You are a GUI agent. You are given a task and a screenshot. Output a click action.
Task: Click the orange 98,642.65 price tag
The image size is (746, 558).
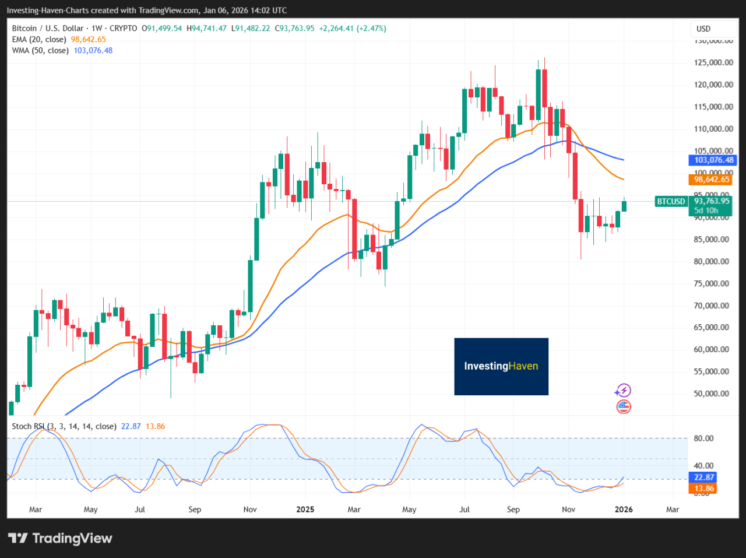(712, 180)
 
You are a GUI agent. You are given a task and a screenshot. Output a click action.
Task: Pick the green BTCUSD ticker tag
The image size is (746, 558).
(671, 202)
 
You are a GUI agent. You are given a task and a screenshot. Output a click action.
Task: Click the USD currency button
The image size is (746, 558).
(703, 29)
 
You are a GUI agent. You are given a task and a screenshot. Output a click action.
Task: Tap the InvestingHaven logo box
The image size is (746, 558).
(501, 366)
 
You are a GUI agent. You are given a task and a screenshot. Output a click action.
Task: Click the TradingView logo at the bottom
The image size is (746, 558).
(60, 538)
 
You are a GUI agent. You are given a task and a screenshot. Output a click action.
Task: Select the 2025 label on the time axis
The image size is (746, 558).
(305, 509)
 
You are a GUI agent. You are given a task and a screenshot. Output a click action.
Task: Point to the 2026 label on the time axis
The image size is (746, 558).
(624, 509)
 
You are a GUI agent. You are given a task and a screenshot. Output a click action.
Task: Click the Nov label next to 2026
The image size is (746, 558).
(568, 509)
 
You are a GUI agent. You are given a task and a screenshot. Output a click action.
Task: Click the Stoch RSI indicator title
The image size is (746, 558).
(64, 426)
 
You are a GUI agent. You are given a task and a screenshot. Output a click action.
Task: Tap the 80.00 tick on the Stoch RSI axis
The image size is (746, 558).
(704, 438)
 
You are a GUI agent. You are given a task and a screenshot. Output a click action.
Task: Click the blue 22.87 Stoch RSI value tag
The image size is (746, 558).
(704, 477)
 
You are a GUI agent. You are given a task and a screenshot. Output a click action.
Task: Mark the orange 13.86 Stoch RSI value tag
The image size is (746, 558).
(704, 489)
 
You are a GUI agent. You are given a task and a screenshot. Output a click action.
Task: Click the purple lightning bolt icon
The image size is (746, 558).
(624, 390)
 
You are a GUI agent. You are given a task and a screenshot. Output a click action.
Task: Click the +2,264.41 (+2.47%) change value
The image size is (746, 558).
(352, 28)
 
